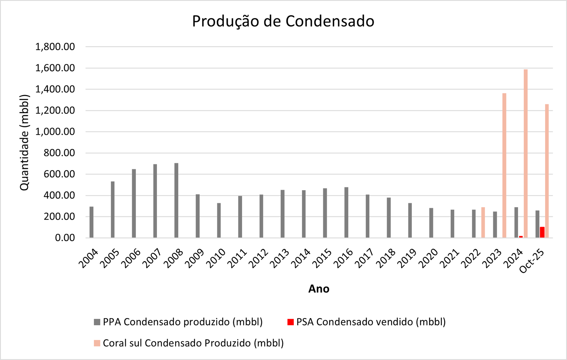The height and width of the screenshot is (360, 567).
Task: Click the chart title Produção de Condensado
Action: click(x=283, y=21)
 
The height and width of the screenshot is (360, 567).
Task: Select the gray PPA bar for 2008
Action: click(x=176, y=200)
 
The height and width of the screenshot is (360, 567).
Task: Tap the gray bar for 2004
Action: click(x=91, y=222)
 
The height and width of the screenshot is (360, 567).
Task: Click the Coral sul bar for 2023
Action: click(x=504, y=165)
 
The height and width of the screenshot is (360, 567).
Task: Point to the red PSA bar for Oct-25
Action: click(x=542, y=232)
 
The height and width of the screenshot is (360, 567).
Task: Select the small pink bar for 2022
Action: click(x=483, y=222)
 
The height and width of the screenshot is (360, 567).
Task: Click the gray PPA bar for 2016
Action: click(x=346, y=212)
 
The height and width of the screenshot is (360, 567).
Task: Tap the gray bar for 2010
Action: click(x=219, y=220)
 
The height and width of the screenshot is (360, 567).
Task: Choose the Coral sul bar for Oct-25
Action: click(x=547, y=171)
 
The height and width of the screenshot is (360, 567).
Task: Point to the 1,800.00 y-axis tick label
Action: click(x=55, y=47)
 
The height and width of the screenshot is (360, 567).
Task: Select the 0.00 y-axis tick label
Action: click(x=65, y=238)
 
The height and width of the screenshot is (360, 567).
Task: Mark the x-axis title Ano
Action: click(x=319, y=289)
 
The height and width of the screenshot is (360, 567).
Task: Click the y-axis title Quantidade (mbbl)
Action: click(x=24, y=142)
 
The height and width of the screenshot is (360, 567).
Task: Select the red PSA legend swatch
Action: click(x=291, y=322)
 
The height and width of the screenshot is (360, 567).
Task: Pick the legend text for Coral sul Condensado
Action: click(x=193, y=343)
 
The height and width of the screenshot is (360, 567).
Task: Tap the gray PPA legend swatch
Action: click(x=97, y=322)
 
